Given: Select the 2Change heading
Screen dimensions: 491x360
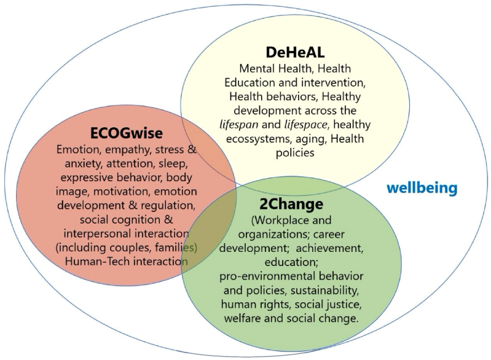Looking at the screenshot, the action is (x=290, y=203).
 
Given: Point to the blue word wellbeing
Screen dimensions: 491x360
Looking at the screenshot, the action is (x=422, y=188).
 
